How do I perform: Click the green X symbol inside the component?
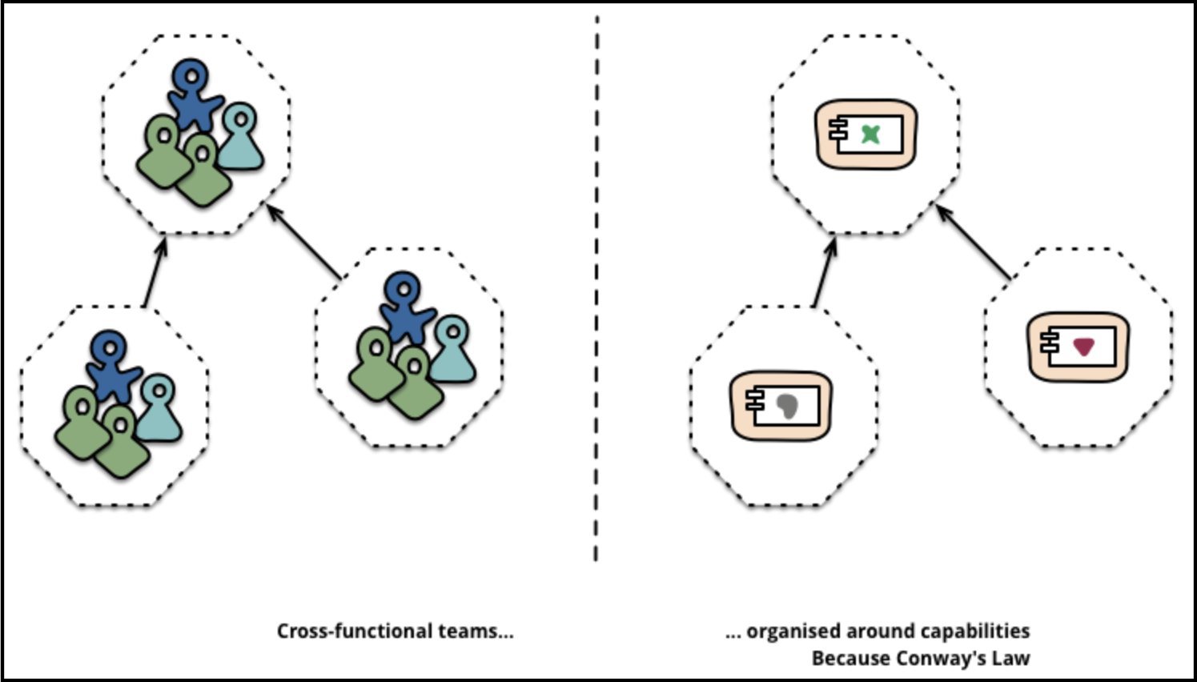(870, 134)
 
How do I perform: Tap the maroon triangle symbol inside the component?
(1084, 347)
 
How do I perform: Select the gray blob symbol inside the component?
(787, 406)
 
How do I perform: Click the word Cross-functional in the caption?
(355, 631)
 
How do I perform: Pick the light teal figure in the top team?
(241, 137)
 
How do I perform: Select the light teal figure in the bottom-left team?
(159, 408)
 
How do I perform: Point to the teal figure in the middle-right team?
(452, 349)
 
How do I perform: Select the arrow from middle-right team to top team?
(303, 242)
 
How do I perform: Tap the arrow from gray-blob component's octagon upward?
(825, 272)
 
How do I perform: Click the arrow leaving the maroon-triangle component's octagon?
(973, 242)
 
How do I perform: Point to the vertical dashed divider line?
(596, 288)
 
